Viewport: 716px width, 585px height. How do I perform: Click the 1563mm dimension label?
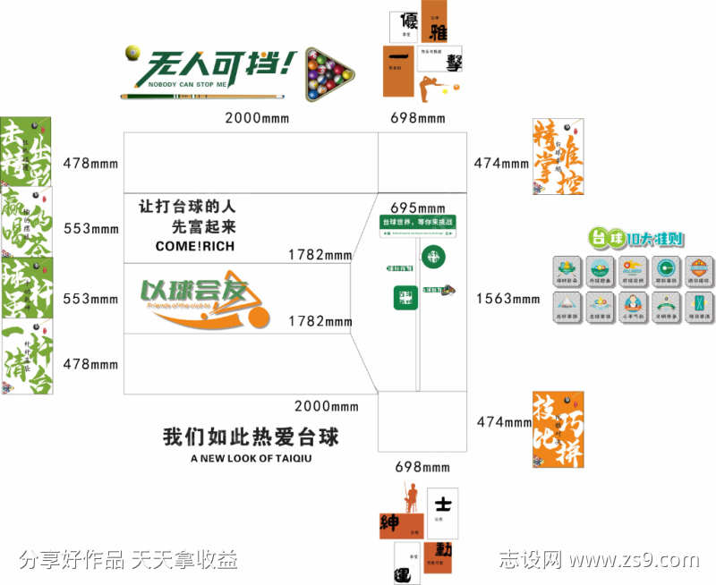point(507,299)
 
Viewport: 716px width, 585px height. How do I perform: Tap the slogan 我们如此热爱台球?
point(251,437)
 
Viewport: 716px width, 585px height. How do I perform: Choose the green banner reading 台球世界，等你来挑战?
point(418,222)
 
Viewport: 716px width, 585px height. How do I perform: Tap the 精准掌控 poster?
point(558,157)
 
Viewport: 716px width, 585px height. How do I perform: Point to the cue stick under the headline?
point(206,95)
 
